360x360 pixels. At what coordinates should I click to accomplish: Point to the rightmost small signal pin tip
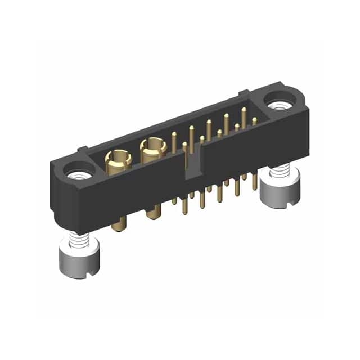pos(255,120)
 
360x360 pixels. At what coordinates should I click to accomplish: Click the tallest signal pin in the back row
pos(244,112)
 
